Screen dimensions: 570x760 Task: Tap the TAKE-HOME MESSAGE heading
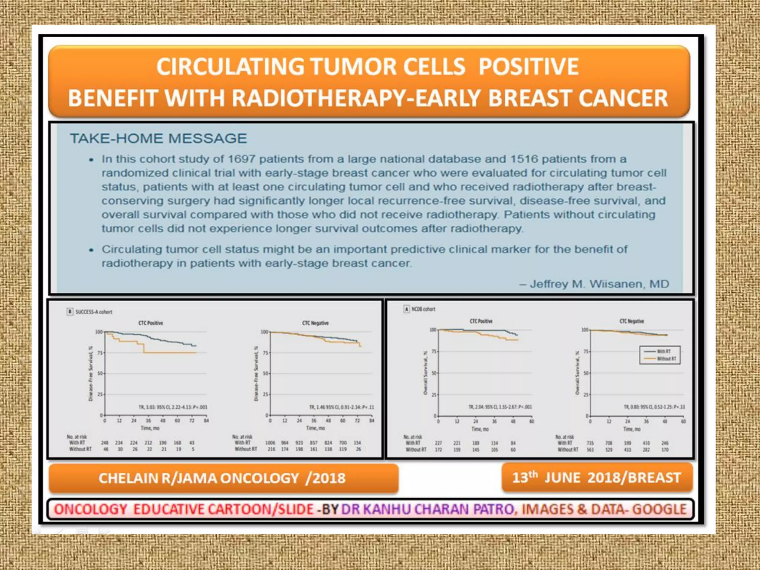pos(158,138)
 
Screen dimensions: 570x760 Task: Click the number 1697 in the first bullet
pos(241,159)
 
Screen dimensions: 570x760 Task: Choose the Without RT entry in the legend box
pos(666,359)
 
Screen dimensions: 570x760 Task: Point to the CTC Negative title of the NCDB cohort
pos(631,321)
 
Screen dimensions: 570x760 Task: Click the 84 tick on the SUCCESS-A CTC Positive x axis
pos(206,421)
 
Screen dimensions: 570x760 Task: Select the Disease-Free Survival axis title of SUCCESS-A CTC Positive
pos(90,374)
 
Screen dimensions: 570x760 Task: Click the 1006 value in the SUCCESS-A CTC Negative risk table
pos(270,443)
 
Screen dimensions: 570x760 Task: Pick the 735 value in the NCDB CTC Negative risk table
pos(590,443)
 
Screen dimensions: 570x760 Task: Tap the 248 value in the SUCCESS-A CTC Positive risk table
pos(105,443)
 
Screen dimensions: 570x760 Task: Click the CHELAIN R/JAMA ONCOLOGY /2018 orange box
pos(223,478)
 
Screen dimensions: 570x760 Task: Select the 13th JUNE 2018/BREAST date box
pos(597,478)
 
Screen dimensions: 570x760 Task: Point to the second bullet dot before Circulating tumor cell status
pos(91,250)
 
